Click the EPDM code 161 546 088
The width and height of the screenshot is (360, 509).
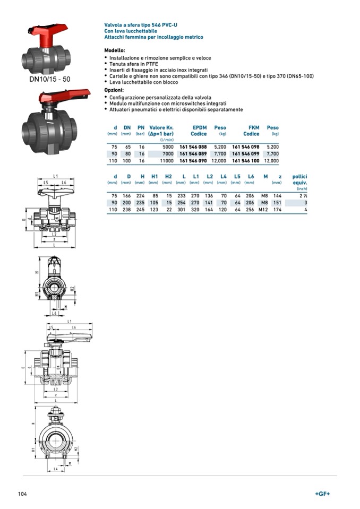193,146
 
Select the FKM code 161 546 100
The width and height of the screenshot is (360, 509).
246,160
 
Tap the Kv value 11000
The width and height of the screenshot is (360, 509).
166,160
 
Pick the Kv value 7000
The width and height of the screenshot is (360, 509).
168,153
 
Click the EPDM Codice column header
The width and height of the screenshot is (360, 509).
199,131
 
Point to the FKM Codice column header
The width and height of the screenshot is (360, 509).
252,131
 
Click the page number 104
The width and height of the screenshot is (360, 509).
22,494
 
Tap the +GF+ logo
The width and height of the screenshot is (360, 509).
322,494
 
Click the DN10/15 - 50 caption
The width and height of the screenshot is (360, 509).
49,79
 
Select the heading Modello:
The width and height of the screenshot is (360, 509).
115,50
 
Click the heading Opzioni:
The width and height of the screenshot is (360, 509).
114,91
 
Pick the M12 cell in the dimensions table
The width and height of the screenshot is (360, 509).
263,210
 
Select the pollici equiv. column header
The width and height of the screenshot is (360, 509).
300,179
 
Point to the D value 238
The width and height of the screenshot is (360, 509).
126,210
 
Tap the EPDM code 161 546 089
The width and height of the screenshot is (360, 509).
193,153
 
